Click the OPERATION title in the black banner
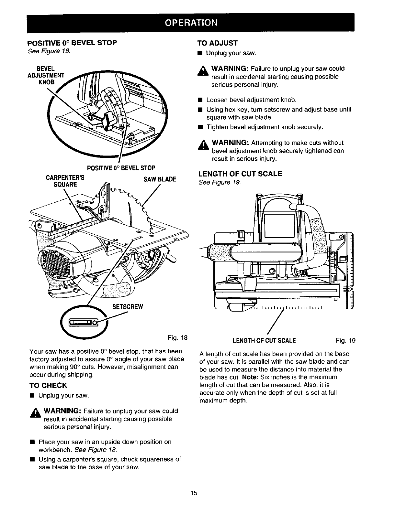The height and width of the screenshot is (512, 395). [190, 23]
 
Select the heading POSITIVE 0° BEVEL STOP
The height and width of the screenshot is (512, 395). [72, 43]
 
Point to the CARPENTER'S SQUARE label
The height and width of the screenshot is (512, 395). [66, 181]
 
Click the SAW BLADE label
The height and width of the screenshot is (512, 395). [161, 179]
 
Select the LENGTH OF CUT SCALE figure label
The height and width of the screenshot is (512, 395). [264, 340]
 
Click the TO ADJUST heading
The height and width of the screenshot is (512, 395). [217, 43]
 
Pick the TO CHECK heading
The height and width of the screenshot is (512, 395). [48, 385]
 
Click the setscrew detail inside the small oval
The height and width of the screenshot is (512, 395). [84, 323]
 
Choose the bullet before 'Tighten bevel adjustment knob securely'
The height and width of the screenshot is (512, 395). [201, 127]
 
